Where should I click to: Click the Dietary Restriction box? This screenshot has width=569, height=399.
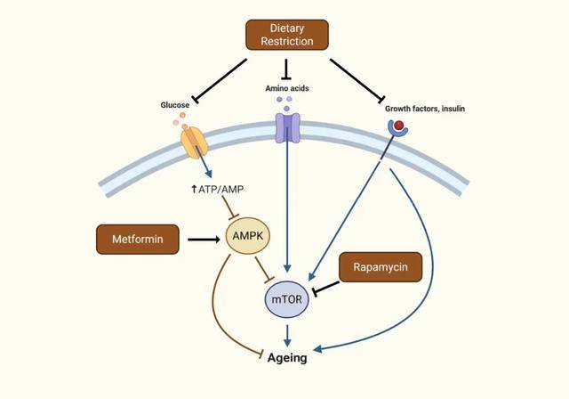[x=287, y=35]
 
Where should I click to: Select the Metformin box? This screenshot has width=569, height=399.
[x=138, y=239]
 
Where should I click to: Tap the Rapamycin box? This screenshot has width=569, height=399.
[x=381, y=267]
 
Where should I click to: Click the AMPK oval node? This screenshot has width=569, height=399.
[x=248, y=236]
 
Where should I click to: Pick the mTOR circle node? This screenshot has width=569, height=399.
[x=286, y=299]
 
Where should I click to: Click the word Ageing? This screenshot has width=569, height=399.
[x=287, y=358]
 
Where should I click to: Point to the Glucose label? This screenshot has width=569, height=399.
[x=175, y=105]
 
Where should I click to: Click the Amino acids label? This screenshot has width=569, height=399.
[x=287, y=88]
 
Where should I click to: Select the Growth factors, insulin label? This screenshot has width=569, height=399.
[x=425, y=109]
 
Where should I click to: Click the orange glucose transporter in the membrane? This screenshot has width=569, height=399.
[x=194, y=142]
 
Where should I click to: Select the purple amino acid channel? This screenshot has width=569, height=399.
[x=288, y=127]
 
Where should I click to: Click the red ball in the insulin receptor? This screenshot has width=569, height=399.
[x=399, y=126]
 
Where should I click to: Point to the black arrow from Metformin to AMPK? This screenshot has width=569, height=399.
[x=204, y=240]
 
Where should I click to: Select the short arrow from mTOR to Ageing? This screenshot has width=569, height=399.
[x=287, y=336]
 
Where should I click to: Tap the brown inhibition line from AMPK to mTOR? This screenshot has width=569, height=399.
[x=264, y=270]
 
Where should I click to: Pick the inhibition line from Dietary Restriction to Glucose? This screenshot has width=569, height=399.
[x=220, y=80]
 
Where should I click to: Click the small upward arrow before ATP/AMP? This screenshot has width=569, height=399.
[x=194, y=189]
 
